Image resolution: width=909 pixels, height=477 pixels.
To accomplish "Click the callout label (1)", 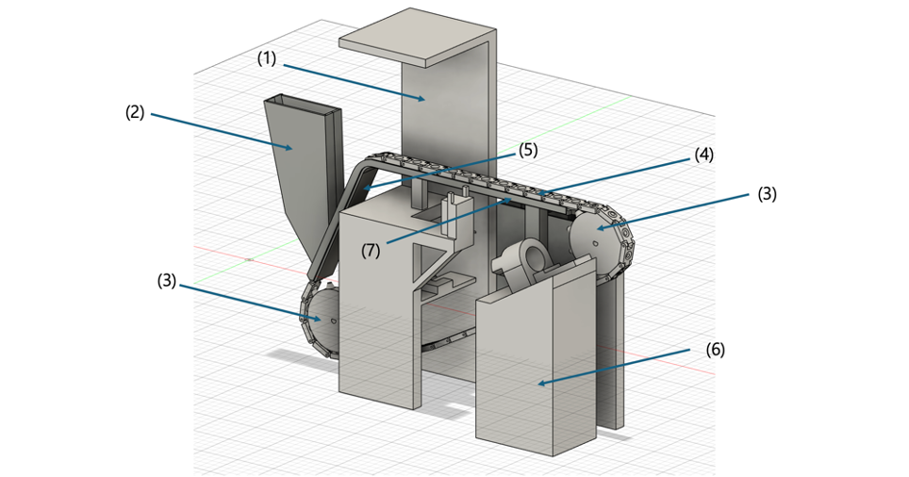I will point(267,58).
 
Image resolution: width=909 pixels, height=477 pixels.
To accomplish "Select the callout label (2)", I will point(135,112).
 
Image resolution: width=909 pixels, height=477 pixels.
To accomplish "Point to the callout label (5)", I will point(527,149).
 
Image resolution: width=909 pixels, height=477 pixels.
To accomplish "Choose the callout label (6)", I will point(716,349).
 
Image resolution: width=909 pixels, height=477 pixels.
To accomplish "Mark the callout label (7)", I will point(372,249).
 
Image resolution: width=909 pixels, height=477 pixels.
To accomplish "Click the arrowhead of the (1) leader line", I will point(427,98).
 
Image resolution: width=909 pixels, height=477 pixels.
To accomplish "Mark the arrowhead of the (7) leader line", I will point(512,199).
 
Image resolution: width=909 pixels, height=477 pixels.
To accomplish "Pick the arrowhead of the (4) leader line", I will point(539,194).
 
